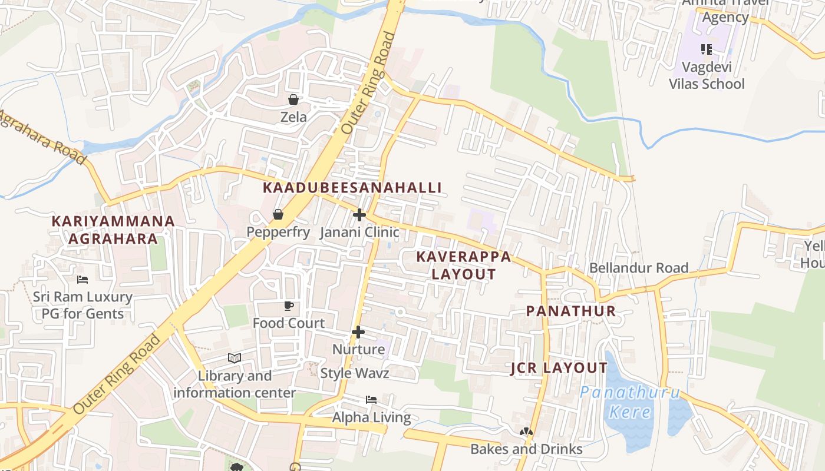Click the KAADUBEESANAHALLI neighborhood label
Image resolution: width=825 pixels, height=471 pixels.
pos(352,188)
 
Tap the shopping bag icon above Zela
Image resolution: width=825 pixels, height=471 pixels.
pos(293,99)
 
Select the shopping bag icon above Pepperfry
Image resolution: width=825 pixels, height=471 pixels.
pos(278,214)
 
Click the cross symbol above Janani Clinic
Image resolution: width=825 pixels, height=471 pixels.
pos(359,215)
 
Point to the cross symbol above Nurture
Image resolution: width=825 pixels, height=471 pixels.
pos(358,332)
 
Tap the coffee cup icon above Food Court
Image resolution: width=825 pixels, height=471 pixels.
pos(288,306)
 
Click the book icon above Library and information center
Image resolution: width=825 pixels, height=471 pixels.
pos(235,358)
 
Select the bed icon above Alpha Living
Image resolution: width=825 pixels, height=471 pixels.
pos(371,400)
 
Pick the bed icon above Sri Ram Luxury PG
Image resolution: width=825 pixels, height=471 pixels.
pos(82,279)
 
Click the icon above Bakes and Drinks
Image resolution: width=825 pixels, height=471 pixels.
pos(526,432)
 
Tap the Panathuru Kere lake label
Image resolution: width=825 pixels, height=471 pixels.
pos(630,402)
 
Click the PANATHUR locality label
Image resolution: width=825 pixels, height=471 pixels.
pos(570,311)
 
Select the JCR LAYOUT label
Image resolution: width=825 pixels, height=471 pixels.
pos(559,369)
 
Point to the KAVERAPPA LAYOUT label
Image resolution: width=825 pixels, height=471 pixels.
pos(464,266)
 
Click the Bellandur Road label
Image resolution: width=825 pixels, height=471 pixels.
pos(639,268)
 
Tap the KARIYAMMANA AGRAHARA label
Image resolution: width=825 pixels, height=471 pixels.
pos(113,230)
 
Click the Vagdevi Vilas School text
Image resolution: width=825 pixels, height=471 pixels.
pos(707,75)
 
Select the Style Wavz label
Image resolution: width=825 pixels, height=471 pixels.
pos(355,373)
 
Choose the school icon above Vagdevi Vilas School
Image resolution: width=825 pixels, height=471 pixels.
pos(706,49)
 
